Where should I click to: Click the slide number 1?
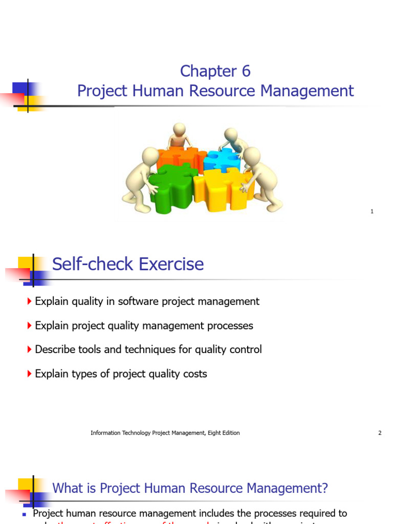[x=372, y=211]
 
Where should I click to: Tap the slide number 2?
[x=380, y=433]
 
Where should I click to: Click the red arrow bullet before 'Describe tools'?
[x=29, y=350]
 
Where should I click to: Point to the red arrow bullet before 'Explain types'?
[x=29, y=374]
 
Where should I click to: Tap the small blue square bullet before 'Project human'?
[x=24, y=514]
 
